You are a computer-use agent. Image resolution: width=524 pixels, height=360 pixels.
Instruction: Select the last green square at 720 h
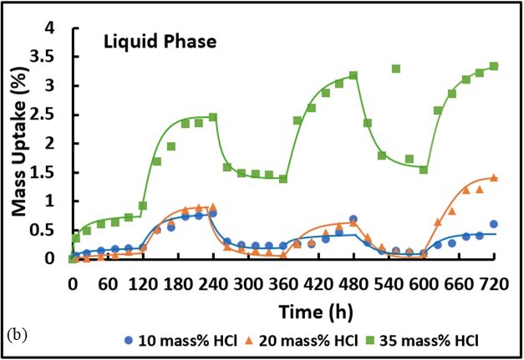[494, 66]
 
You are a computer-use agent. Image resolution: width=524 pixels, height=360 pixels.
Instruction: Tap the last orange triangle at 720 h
[494, 177]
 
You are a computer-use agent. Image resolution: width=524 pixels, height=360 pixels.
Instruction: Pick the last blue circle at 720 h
[494, 224]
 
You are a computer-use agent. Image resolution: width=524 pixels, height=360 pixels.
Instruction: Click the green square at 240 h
[213, 117]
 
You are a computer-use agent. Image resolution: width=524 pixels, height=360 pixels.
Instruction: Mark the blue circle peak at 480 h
[354, 219]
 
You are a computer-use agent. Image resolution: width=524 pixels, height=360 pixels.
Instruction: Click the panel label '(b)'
[16, 334]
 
